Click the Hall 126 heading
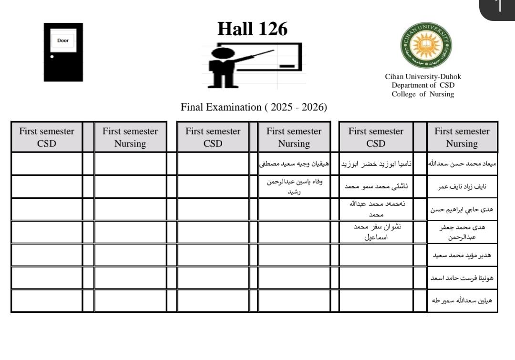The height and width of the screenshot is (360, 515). [252, 29]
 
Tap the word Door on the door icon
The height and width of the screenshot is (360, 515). [63, 41]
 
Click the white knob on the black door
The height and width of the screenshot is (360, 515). [52, 56]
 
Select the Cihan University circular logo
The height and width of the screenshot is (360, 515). [426, 45]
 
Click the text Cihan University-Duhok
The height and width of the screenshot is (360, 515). [423, 76]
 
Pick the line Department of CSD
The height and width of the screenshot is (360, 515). [423, 85]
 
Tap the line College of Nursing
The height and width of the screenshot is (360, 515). [423, 94]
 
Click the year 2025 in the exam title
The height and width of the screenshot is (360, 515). [281, 107]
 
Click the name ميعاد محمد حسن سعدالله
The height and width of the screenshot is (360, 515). [462, 164]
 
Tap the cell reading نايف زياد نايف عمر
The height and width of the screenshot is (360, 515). [462, 187]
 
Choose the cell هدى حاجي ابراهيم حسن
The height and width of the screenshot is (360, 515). [462, 209]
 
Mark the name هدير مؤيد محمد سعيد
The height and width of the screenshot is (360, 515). [462, 255]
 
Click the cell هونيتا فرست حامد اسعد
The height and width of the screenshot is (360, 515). [462, 278]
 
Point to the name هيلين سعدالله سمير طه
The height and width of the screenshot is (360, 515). [462, 301]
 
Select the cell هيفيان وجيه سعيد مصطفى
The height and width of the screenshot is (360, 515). [294, 164]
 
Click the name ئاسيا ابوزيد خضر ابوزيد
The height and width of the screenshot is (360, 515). [376, 164]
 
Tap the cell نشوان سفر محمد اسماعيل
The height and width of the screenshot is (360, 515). [376, 232]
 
